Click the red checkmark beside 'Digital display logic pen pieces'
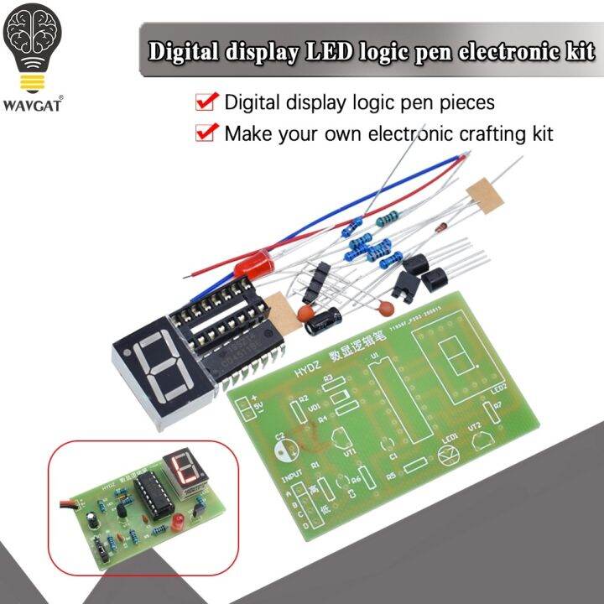click(205, 102)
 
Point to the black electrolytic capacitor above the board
click(322, 320)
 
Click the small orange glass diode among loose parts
click(439, 227)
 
